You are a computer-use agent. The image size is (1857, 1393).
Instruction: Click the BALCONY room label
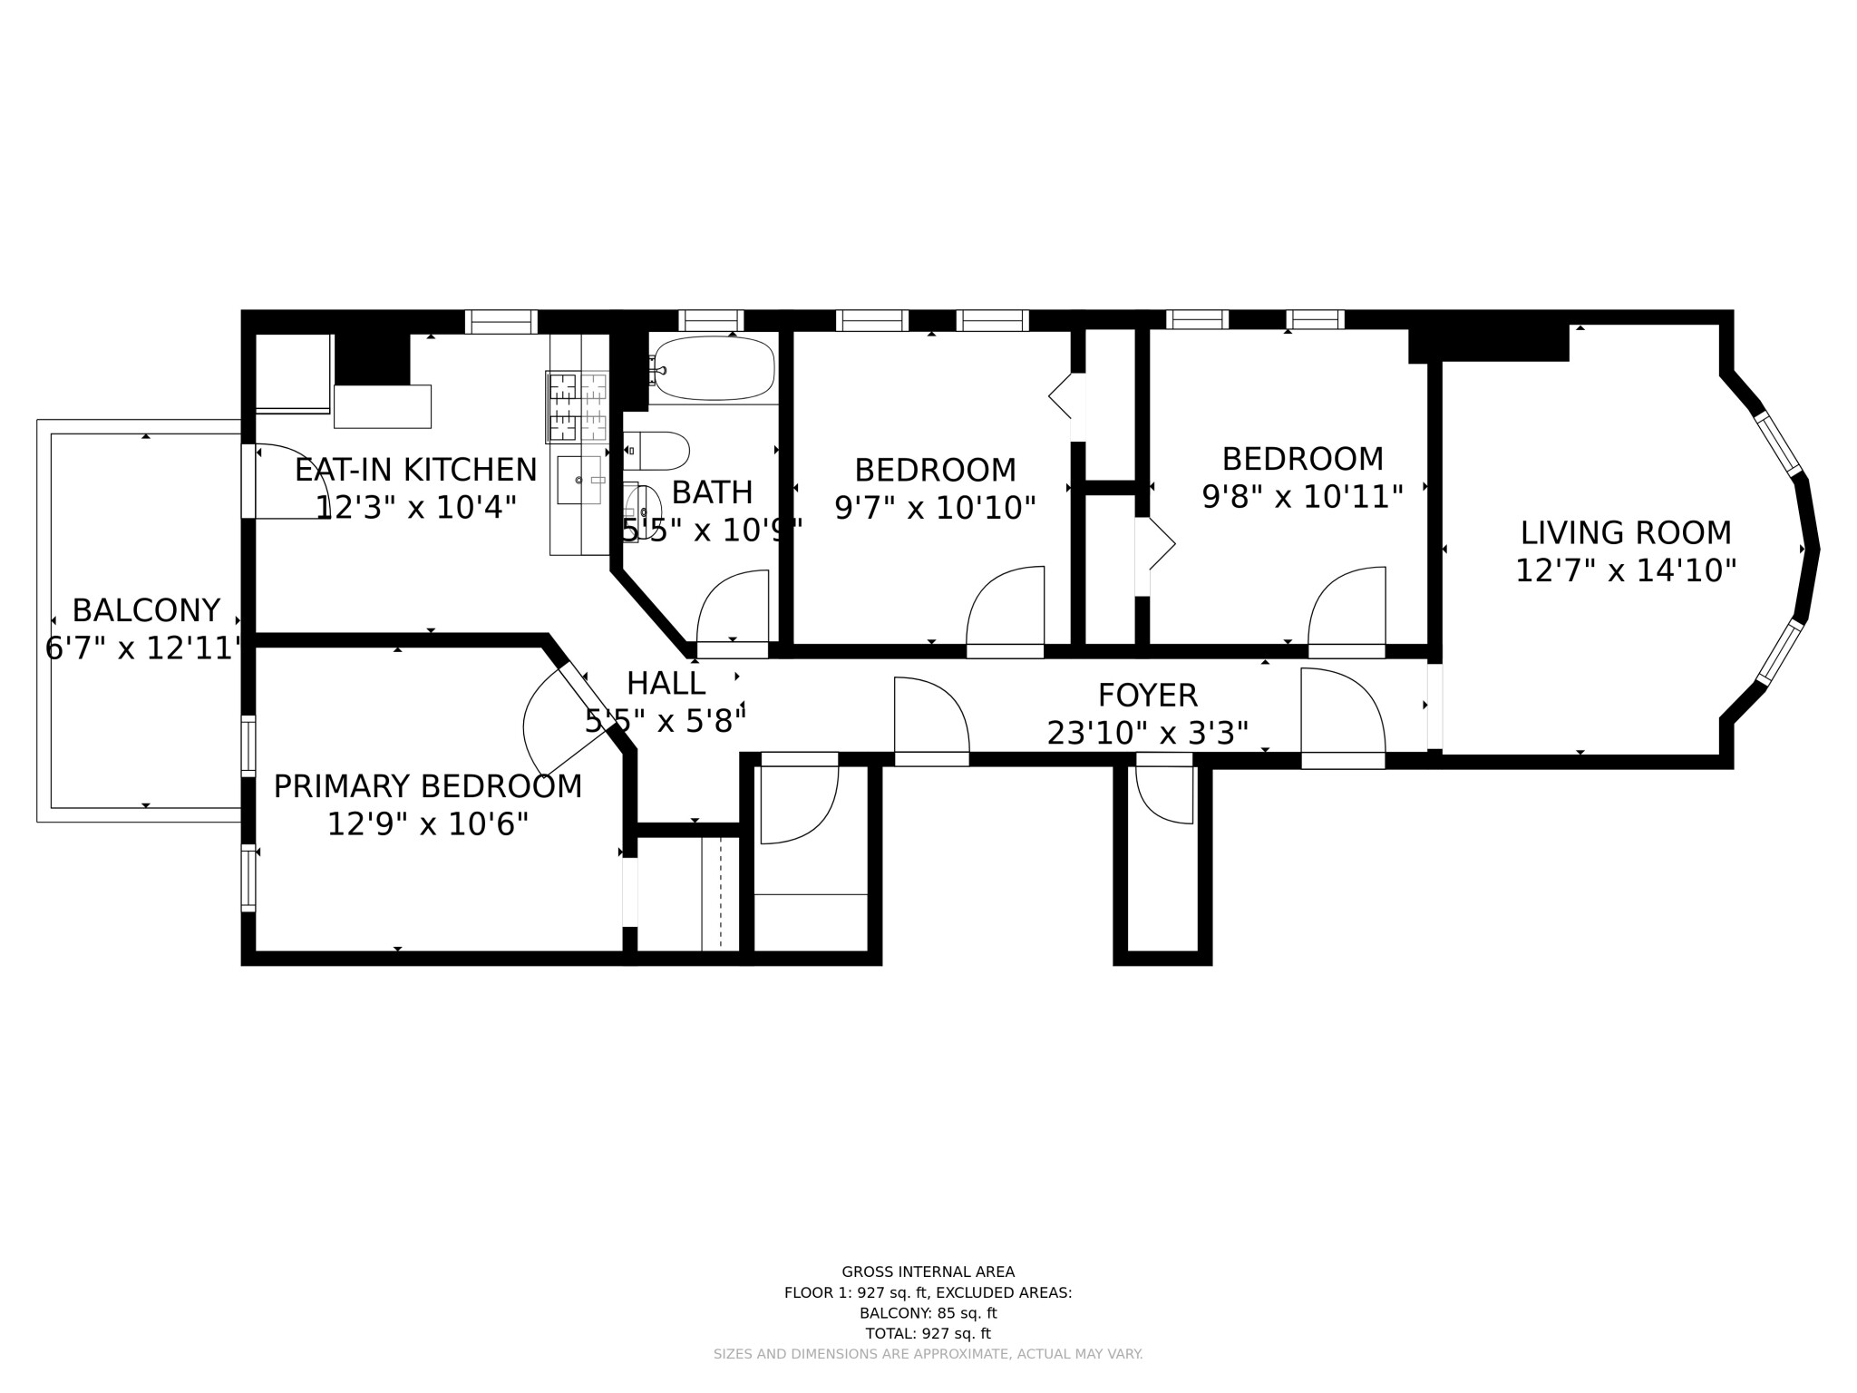point(146,610)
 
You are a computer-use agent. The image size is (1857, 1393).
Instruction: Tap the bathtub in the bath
point(714,368)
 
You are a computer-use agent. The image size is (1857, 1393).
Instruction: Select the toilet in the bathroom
point(659,451)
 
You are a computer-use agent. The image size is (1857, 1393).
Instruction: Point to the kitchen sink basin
point(578,480)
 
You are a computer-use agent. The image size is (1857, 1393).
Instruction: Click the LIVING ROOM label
point(1625,532)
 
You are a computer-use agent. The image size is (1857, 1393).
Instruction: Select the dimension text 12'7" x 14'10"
point(1625,570)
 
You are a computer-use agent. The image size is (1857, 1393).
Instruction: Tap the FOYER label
point(1147,696)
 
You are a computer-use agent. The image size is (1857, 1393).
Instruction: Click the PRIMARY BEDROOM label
point(427,786)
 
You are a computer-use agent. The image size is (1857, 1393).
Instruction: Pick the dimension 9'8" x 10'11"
point(1302,497)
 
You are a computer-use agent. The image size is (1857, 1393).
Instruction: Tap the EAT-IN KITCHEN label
point(415,470)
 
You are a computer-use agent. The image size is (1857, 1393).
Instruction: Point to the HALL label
point(666,683)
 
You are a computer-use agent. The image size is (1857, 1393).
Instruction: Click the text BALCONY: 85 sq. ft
point(928,1312)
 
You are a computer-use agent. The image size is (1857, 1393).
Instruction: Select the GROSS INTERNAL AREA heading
point(928,1271)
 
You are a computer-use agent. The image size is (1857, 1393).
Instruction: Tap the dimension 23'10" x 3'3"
point(1147,733)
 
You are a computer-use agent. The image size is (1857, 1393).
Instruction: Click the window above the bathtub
point(711,320)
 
